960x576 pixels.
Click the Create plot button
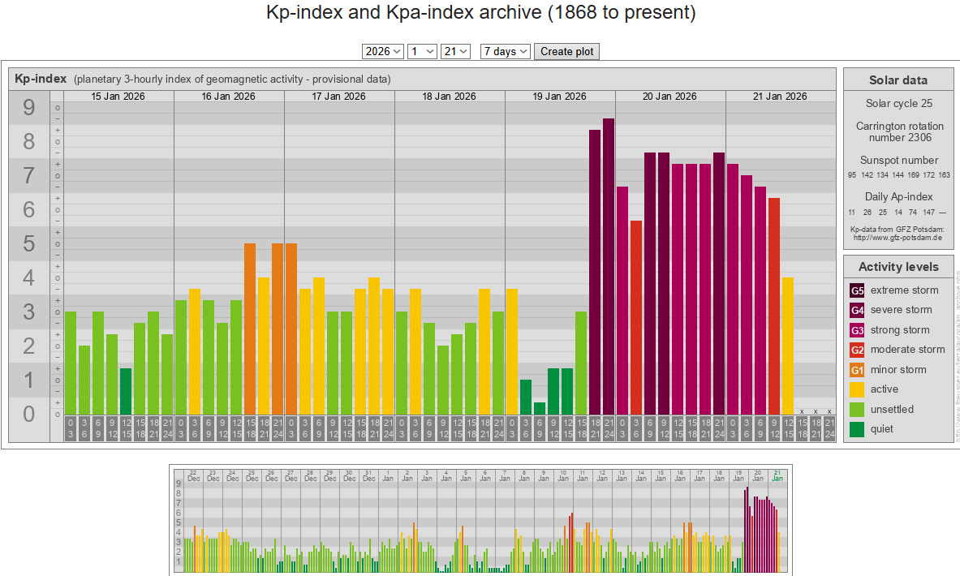pyautogui.click(x=566, y=51)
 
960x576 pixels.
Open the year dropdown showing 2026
pyautogui.click(x=383, y=51)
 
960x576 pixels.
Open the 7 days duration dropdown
pyautogui.click(x=505, y=51)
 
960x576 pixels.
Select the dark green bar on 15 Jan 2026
pyautogui.click(x=126, y=392)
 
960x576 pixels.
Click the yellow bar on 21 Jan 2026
pyautogui.click(x=787, y=346)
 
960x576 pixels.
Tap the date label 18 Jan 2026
pyautogui.click(x=450, y=97)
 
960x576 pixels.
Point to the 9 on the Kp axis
pyautogui.click(x=29, y=108)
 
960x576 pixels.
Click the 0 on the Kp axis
pyautogui.click(x=29, y=415)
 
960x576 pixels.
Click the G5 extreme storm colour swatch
pyautogui.click(x=858, y=290)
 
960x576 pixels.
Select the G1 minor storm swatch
pyautogui.click(x=858, y=370)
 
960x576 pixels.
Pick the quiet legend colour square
pyautogui.click(x=858, y=429)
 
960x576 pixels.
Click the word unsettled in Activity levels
pyautogui.click(x=892, y=410)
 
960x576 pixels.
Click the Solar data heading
pyautogui.click(x=898, y=80)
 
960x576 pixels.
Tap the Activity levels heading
pyautogui.click(x=898, y=267)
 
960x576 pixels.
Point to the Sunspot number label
pyautogui.click(x=898, y=161)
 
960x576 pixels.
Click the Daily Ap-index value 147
pyautogui.click(x=929, y=212)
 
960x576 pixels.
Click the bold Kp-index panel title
pyautogui.click(x=41, y=80)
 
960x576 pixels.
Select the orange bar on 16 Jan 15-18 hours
pyautogui.click(x=250, y=329)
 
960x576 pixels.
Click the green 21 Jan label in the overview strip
pyautogui.click(x=777, y=475)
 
